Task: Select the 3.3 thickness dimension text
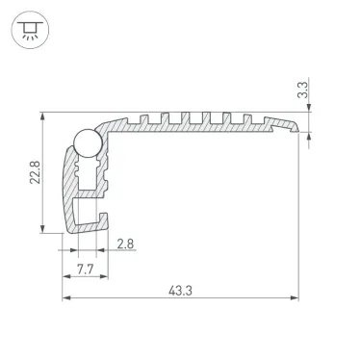(303, 92)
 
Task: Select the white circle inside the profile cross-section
(86, 142)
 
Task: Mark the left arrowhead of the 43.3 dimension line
(67, 298)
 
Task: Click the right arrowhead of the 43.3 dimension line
(293, 298)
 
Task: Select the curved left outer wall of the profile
(66, 188)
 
